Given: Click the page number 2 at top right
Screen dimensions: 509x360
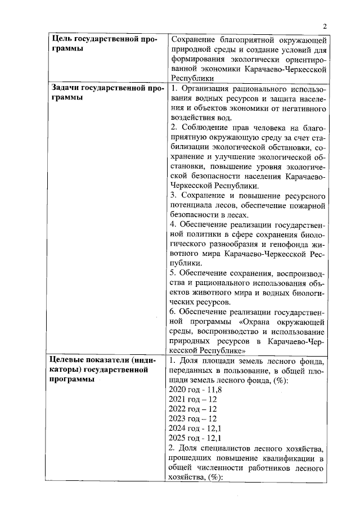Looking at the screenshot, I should [x=325, y=26].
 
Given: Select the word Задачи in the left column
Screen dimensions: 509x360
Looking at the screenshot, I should [x=65, y=88].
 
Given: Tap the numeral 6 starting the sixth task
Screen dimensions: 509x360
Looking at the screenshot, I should [x=172, y=312].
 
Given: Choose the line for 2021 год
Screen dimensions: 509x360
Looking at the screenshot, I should [x=188, y=399].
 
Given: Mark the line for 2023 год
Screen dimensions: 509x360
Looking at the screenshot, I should [x=188, y=418].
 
